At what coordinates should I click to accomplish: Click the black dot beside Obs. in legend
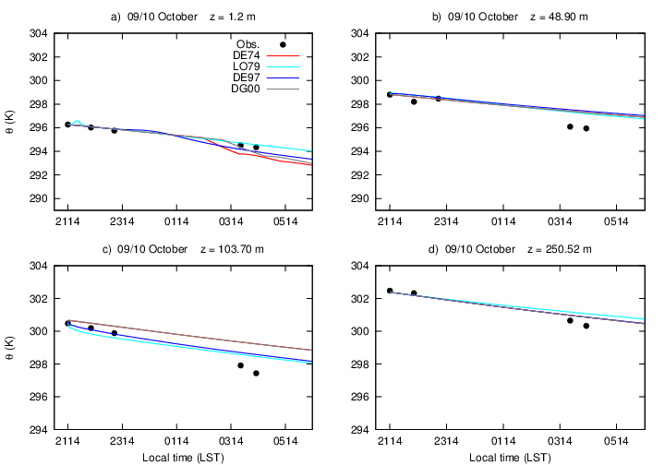283,44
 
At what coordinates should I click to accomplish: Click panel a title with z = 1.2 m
184,17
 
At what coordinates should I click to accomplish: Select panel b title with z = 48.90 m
510,17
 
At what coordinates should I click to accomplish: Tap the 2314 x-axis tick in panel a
122,221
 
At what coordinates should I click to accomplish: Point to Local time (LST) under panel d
510,457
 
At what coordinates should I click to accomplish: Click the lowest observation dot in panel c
256,373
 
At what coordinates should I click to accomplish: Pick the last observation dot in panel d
586,326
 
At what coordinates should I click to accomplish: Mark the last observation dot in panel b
586,128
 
